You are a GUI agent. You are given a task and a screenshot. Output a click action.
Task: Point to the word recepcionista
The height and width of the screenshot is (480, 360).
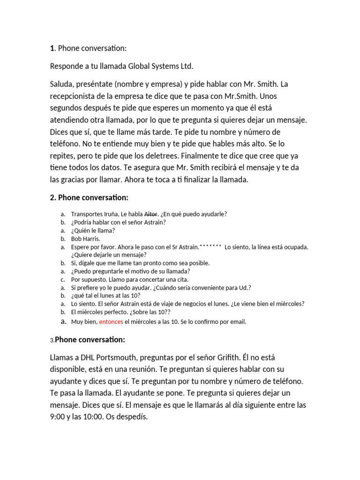point(76,97)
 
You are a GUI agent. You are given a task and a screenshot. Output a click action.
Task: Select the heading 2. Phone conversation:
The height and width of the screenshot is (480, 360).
point(89,197)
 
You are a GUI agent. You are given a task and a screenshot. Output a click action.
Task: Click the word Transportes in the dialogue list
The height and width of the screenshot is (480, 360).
point(87,214)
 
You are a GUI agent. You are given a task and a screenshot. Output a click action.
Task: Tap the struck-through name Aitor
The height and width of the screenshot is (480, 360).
point(150,214)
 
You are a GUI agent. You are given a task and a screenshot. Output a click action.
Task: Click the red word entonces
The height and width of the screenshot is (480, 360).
point(111,322)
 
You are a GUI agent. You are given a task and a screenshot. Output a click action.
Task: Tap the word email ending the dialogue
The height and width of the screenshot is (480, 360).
point(238,322)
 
